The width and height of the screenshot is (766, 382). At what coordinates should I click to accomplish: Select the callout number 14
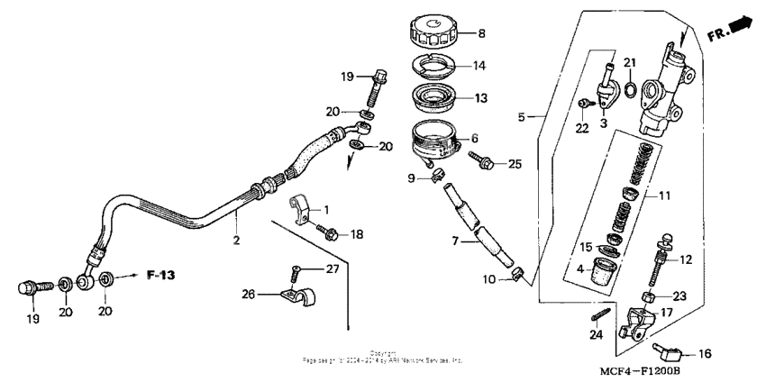click(479, 66)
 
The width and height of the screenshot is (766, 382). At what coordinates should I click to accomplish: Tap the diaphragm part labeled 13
click(438, 95)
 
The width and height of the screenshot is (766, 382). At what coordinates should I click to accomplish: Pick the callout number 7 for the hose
click(455, 241)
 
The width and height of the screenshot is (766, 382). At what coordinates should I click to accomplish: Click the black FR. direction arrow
click(742, 27)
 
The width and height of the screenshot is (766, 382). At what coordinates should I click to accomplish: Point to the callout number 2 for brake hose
click(235, 241)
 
